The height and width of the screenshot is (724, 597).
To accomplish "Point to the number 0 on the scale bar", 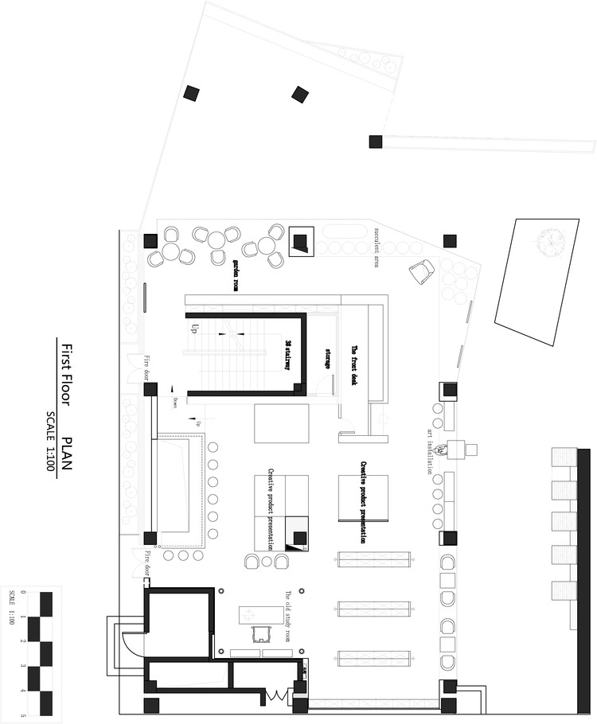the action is pyautogui.click(x=23, y=593).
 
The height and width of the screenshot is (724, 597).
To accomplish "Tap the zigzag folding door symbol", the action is pyautogui.click(x=275, y=696).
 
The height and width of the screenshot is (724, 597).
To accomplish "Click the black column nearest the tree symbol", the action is pyautogui.click(x=450, y=239).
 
